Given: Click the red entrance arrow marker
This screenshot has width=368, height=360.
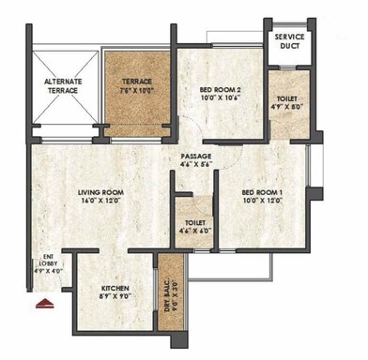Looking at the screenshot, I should [41, 303].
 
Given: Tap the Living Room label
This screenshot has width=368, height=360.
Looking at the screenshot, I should [101, 192].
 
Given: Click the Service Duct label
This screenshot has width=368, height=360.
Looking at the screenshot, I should [291, 43].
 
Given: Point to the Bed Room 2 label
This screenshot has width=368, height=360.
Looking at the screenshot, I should [222, 90].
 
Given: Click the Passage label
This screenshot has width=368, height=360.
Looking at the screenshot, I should [197, 156].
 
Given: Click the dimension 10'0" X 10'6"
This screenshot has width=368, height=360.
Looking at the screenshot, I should [222, 100].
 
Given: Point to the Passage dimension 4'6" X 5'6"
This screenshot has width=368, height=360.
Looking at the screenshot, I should [197, 166].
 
